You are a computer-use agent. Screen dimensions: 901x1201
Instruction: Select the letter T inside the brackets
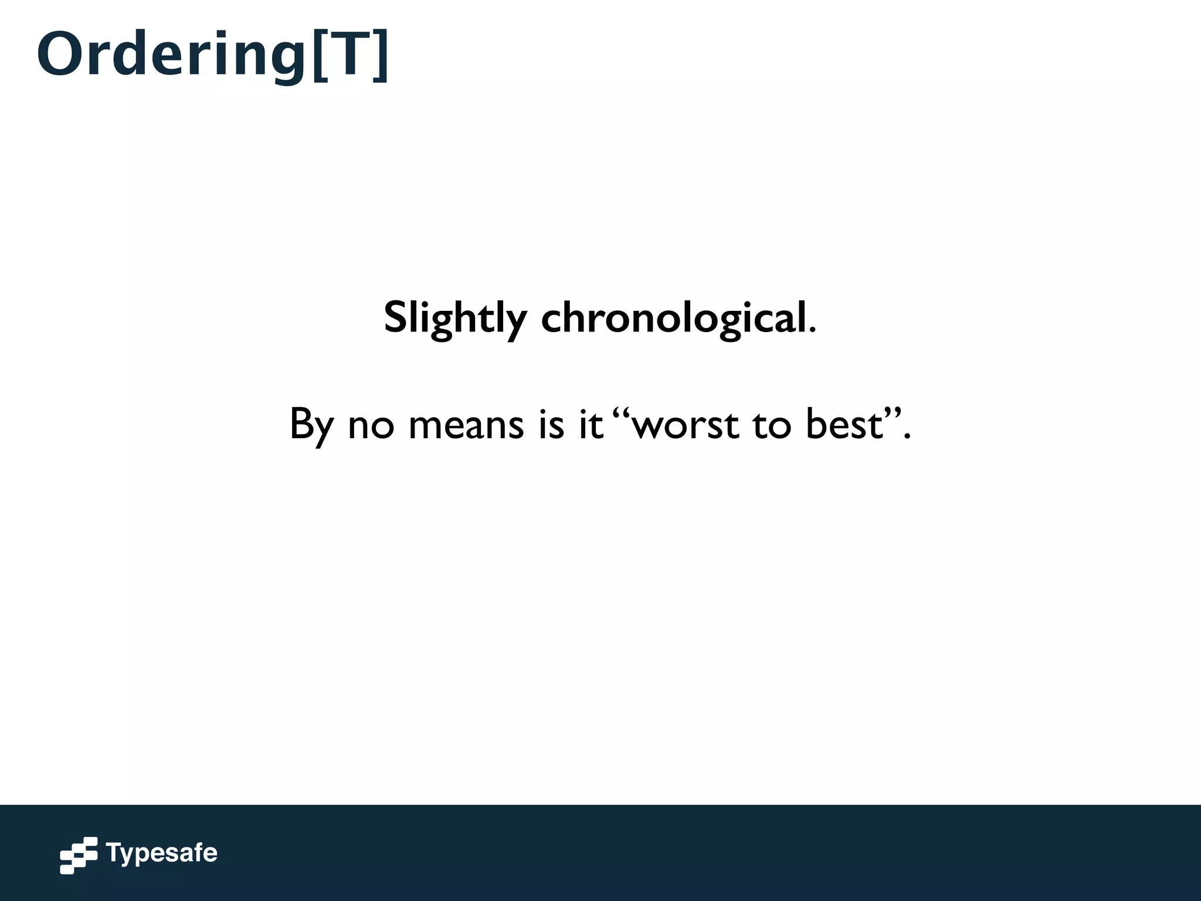coord(349,55)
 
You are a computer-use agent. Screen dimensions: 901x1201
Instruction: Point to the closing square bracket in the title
coord(381,56)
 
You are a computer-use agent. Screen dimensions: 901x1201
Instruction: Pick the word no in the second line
coord(371,426)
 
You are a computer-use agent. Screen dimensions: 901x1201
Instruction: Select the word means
coord(466,426)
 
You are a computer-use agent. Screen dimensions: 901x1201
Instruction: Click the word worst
coord(686,426)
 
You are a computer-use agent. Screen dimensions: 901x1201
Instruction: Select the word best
coord(844,424)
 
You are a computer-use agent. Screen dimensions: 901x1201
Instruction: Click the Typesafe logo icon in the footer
coord(79,855)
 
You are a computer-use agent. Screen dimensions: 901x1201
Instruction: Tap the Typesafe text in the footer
coord(162,853)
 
